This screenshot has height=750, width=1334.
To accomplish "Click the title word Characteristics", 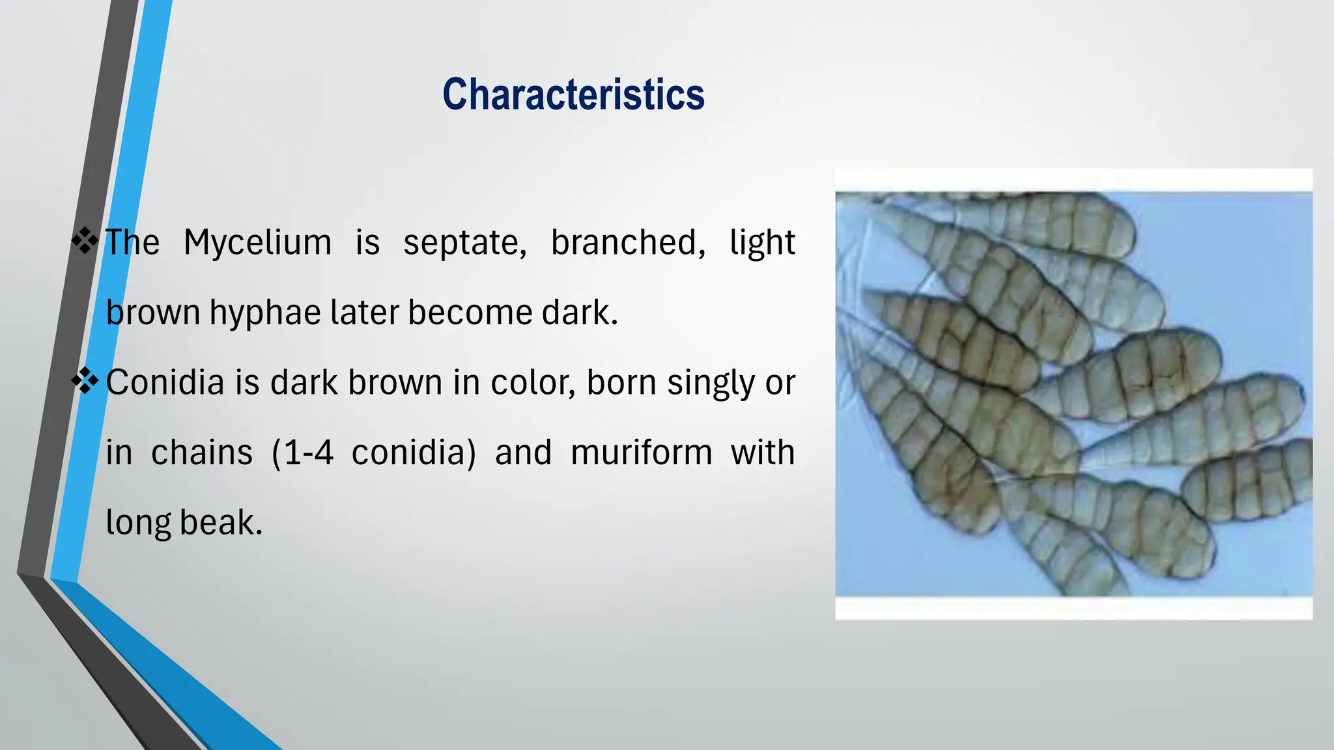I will pos(573,95).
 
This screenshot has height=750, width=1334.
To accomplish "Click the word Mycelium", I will pos(257,243).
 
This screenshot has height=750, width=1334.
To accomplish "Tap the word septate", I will pos(464,243).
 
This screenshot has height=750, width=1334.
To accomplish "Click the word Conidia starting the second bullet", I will pos(165,382).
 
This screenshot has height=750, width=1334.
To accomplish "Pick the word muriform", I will pos(641,452).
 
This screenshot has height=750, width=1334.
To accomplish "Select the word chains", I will pos(201,452).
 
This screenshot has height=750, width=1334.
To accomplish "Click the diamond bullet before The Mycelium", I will pos(85,240).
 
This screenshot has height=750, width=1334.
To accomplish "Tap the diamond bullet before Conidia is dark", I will pos(85,380).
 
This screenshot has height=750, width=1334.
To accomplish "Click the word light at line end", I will pos(761,243).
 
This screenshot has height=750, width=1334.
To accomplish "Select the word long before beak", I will pos(138,523).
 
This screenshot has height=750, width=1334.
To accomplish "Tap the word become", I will pos(470,312).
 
